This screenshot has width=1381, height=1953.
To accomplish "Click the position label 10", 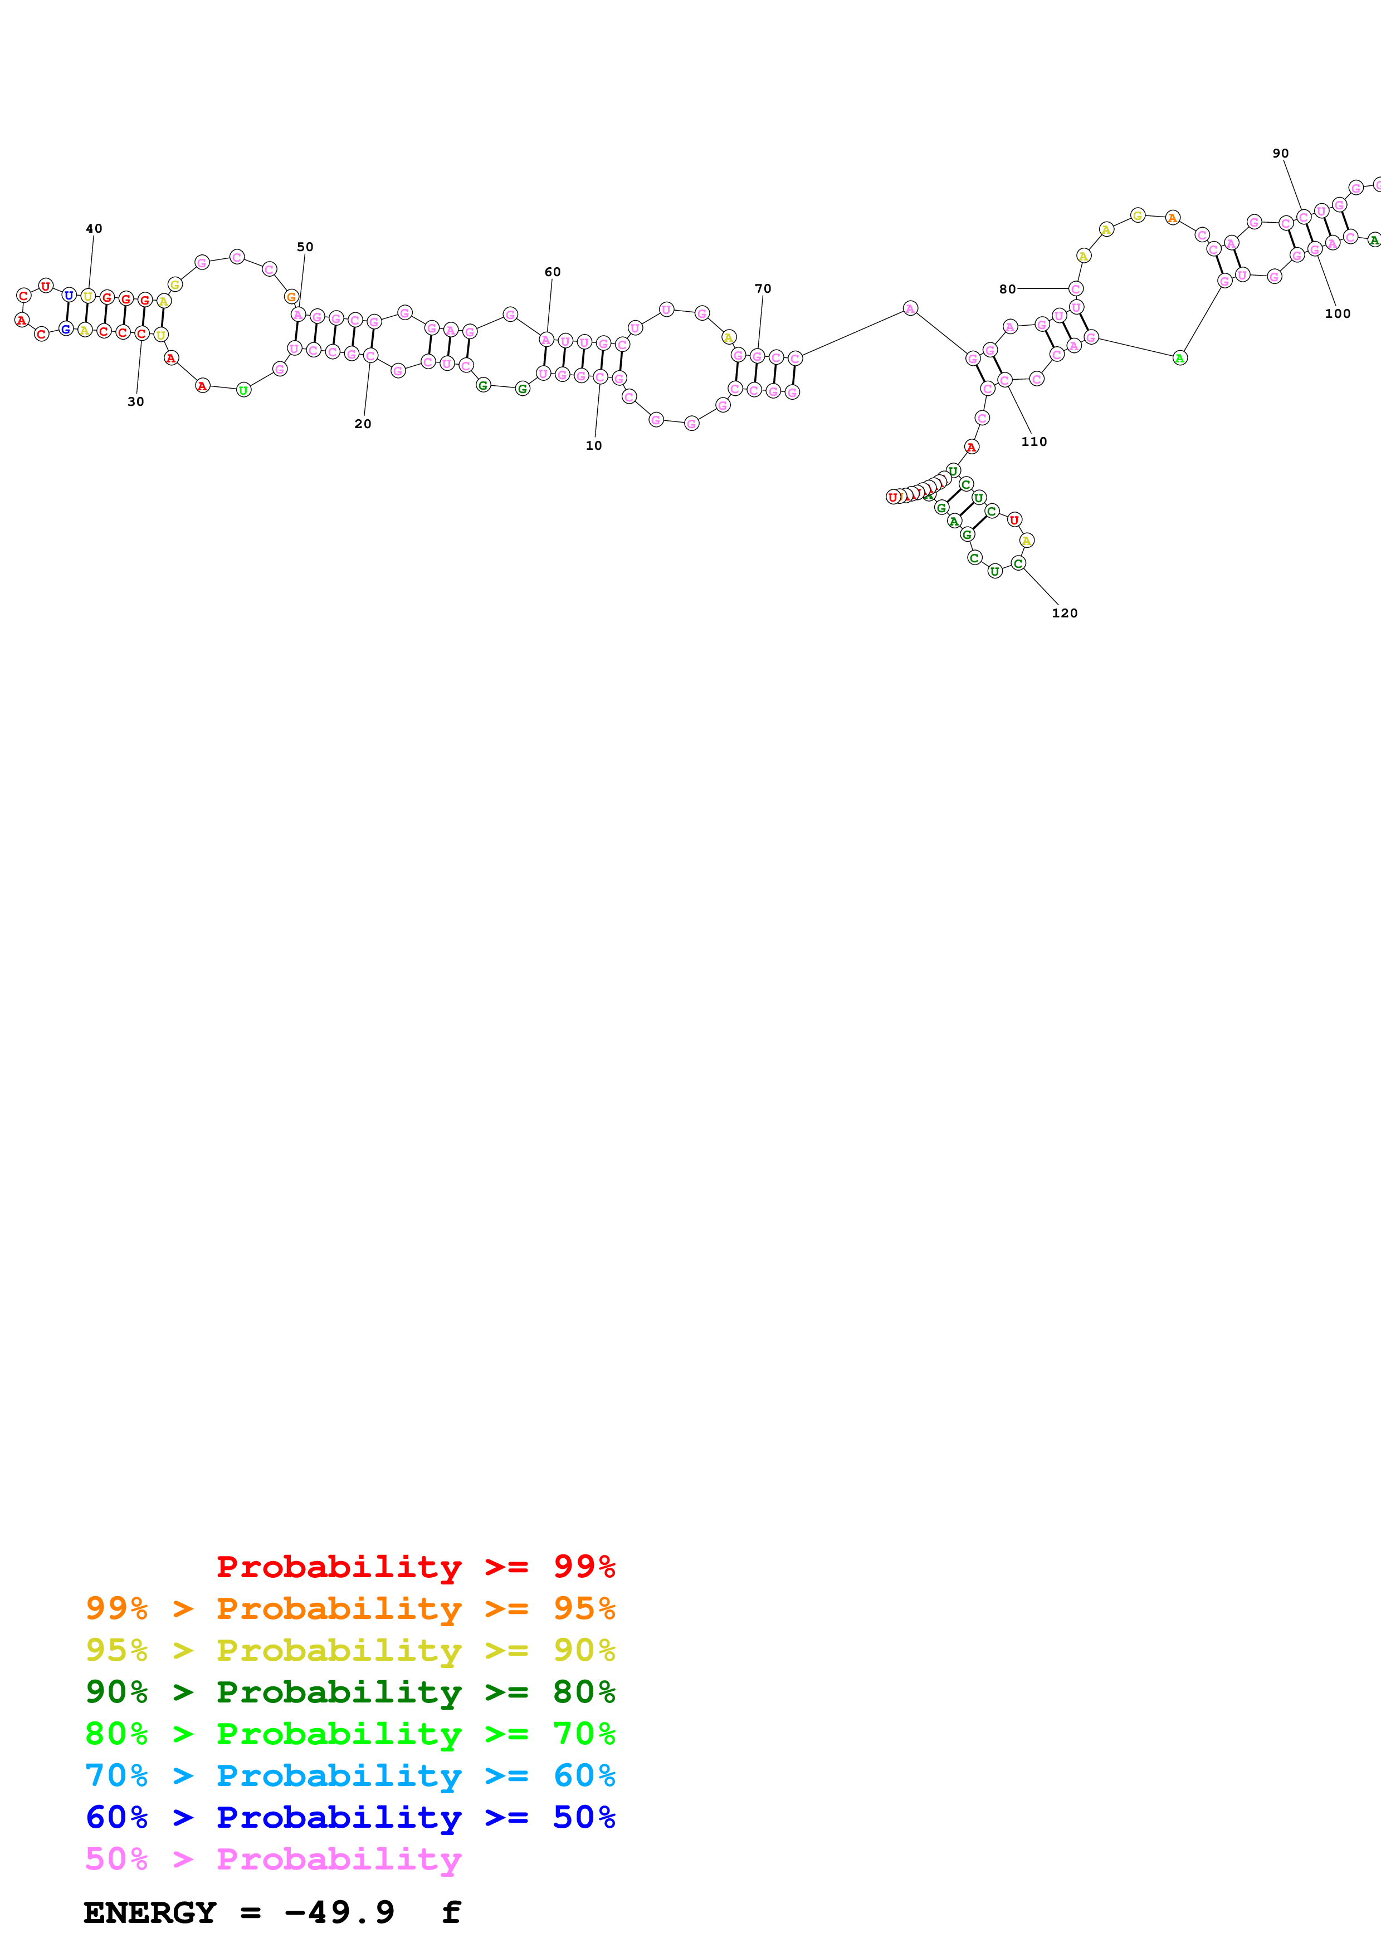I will (593, 446).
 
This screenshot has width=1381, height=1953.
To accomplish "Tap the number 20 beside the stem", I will (363, 424).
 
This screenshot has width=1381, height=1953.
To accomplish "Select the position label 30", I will (135, 401).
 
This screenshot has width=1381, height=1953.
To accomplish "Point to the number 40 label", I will (94, 229).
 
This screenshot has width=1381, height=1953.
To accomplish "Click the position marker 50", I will (305, 247).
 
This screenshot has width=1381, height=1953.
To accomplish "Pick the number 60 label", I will (552, 272).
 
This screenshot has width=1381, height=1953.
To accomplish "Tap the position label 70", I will (763, 288).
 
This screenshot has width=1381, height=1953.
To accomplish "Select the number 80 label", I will (1007, 289).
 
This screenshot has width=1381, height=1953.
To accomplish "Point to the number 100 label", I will (1337, 314).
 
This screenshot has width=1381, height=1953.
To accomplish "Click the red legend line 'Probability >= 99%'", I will (415, 1567).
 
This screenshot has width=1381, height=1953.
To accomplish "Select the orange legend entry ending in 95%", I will (350, 1608).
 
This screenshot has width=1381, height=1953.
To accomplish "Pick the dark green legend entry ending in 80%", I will (350, 1692).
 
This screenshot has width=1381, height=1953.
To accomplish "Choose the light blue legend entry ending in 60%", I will (350, 1775).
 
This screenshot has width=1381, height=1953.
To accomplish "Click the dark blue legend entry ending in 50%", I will (350, 1817).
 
